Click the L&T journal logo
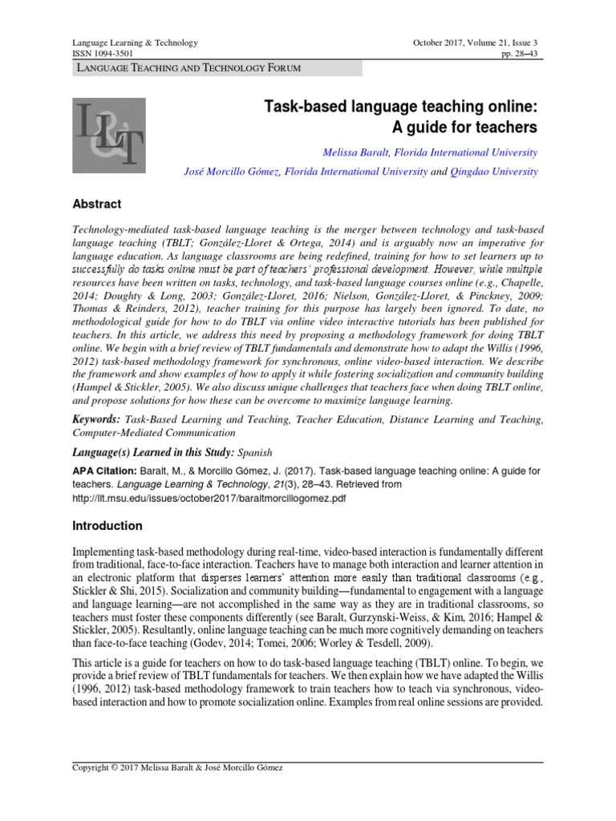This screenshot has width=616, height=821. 109,135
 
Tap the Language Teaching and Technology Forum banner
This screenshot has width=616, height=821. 188,68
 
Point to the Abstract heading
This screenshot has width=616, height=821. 97,204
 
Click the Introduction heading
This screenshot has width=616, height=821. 107,526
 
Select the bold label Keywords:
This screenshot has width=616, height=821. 97,419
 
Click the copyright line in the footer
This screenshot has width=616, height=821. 177,767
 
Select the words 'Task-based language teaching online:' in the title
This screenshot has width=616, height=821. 401,107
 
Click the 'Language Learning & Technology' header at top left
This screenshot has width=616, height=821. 136,42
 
